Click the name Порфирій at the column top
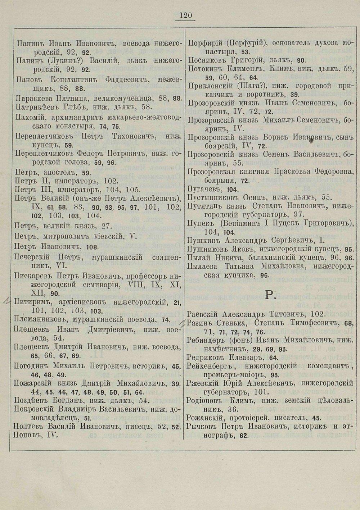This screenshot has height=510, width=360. (x=204, y=42)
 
